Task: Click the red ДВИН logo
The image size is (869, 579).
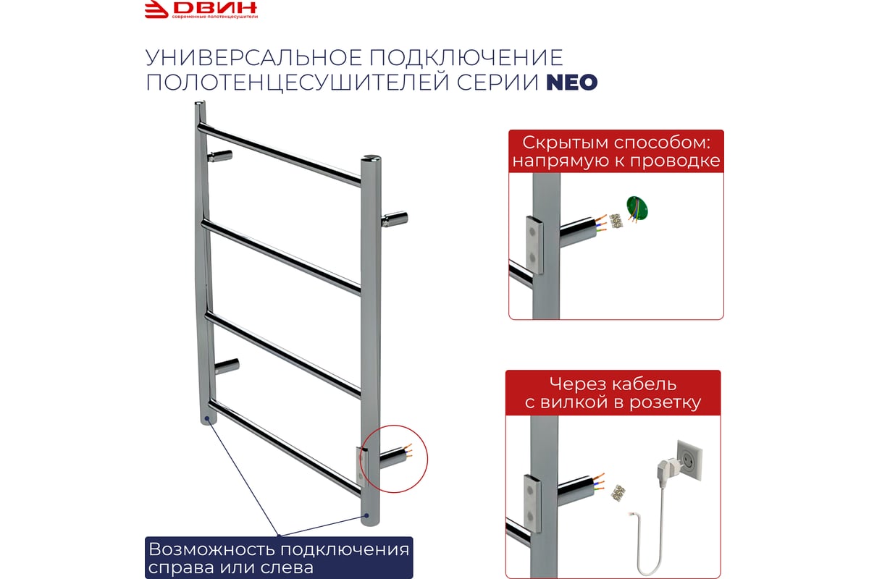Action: [x=201, y=9]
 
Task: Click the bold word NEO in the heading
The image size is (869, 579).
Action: [x=572, y=83]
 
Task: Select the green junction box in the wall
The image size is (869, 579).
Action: [x=637, y=208]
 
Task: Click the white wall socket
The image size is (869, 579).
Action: [x=689, y=460]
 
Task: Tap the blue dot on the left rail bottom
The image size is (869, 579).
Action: [x=208, y=418]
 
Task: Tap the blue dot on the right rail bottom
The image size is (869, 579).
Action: [x=366, y=516]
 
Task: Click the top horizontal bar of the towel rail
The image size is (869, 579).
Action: [x=280, y=154]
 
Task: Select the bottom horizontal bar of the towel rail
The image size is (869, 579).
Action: [x=285, y=447]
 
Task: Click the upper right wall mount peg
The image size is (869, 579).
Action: [x=395, y=219]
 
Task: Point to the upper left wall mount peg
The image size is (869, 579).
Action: [x=219, y=156]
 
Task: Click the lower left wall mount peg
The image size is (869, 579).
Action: [x=227, y=365]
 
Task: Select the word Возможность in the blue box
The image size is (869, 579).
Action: [x=212, y=549]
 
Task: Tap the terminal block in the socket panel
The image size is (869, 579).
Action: [x=617, y=493]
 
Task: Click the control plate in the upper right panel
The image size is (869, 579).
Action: [x=534, y=245]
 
